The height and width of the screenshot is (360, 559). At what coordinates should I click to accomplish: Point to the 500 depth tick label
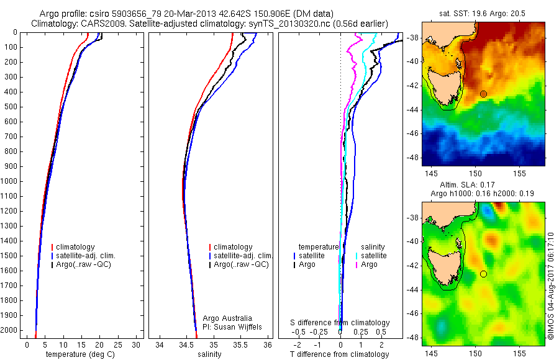[x=10, y=107]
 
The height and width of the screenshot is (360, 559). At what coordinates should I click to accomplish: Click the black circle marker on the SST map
[x=483, y=94]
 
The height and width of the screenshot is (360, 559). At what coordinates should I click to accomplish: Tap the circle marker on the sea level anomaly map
[x=483, y=274]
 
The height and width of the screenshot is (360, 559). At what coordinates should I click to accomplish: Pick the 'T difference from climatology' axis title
[x=340, y=354]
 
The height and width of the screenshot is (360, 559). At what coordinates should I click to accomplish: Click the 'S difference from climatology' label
[x=340, y=323]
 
